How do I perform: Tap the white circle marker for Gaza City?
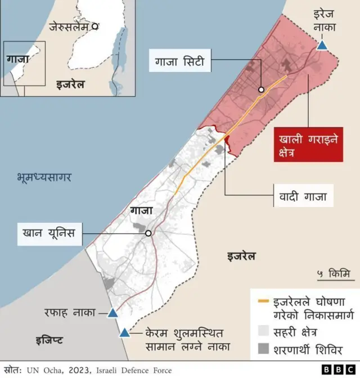pyautogui.click(x=261, y=89)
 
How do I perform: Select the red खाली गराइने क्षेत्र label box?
pyautogui.click(x=308, y=145)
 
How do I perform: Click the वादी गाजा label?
pyautogui.click(x=303, y=197)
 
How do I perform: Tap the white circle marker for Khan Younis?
pyautogui.click(x=148, y=233)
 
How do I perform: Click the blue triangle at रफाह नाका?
pyautogui.click(x=112, y=313)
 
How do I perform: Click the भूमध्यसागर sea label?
pyautogui.click(x=44, y=178)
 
